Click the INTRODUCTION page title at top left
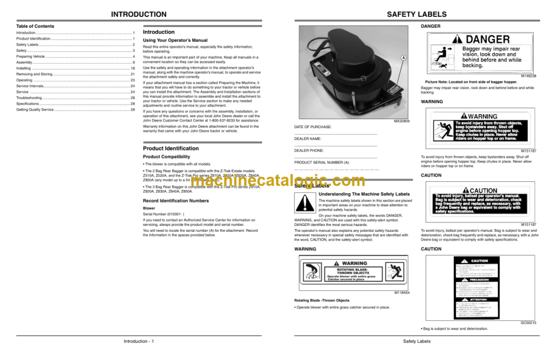coord(138,15)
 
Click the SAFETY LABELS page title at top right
coord(416,15)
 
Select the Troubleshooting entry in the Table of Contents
coord(29,98)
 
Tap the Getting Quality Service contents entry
coord(35,110)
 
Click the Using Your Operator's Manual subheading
coord(175,40)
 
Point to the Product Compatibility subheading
coord(166,156)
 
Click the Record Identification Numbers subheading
coord(175,200)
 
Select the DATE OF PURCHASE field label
coord(313,127)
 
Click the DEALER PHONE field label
coord(309,150)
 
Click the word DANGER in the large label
coord(488,40)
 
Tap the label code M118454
coord(402,293)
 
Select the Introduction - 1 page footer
coord(138,342)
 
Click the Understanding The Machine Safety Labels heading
coord(364,194)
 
